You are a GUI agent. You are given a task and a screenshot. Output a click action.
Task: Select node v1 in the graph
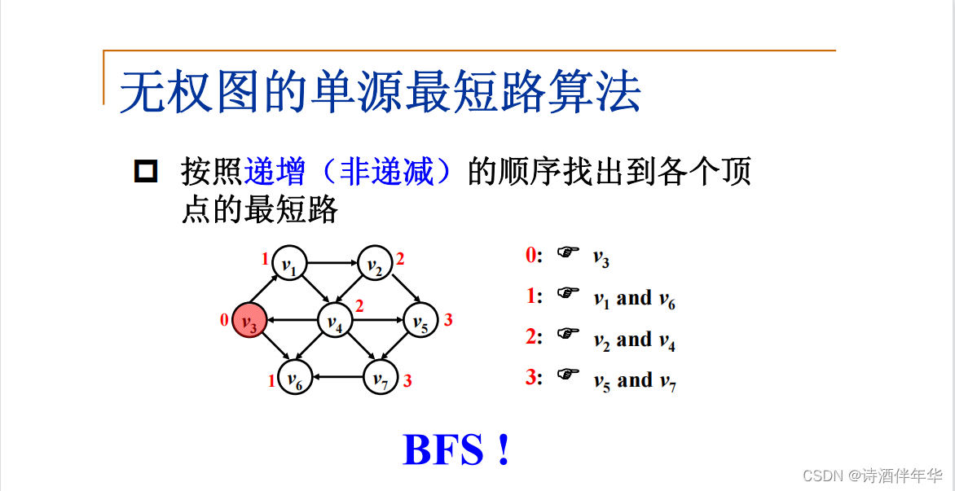click(289, 264)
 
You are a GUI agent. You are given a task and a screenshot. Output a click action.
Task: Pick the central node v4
click(334, 322)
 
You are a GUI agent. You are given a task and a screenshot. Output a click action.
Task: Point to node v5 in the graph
click(420, 322)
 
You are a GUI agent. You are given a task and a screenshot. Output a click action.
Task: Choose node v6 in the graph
click(294, 378)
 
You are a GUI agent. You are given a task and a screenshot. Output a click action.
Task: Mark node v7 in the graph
click(381, 378)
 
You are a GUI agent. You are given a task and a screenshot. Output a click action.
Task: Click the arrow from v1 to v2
click(332, 263)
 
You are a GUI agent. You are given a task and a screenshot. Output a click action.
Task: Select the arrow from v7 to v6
click(337, 377)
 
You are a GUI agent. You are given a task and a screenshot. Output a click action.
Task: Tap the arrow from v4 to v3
click(292, 321)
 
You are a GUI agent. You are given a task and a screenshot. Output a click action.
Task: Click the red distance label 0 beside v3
click(224, 321)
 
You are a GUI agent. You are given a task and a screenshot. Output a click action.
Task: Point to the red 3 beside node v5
click(448, 320)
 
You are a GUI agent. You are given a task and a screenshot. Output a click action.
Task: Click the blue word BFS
click(444, 450)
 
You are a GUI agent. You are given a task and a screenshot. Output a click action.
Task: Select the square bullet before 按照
click(145, 172)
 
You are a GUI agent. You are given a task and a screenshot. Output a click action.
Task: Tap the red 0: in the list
click(534, 255)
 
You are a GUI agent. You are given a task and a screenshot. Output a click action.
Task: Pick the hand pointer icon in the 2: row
click(568, 334)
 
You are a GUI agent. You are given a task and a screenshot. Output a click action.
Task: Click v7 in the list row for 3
click(668, 382)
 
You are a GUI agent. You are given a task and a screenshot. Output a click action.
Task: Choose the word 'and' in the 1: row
click(634, 298)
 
